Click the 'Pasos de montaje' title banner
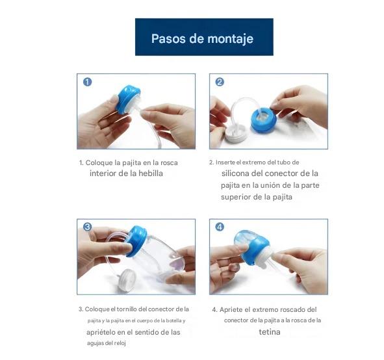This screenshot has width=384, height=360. [203, 38]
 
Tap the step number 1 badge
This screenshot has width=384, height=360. [87, 82]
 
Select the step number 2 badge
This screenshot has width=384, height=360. [220, 82]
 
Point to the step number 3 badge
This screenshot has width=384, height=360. [87, 227]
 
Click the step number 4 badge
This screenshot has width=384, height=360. [220, 227]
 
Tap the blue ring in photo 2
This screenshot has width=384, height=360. [263, 120]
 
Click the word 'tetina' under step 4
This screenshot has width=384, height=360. [270, 331]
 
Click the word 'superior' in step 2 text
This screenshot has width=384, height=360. [237, 197]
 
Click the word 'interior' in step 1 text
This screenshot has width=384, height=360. [104, 174]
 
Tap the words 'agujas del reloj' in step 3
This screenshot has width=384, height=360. [106, 342]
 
